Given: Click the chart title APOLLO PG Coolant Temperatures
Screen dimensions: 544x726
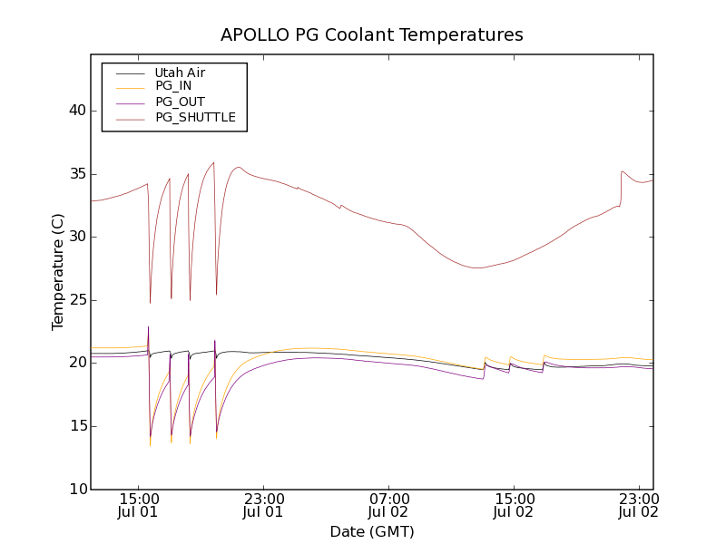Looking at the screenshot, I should click(x=372, y=35).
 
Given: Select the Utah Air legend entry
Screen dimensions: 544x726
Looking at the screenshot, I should click(x=180, y=73).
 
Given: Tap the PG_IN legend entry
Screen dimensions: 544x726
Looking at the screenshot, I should click(x=173, y=86).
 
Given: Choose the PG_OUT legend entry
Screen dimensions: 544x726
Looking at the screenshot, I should click(x=180, y=102).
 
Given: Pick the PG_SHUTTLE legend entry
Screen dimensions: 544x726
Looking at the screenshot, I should click(x=195, y=117).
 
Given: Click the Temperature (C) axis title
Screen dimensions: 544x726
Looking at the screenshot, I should click(x=58, y=272).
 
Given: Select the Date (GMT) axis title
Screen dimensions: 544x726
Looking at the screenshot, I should click(x=372, y=531).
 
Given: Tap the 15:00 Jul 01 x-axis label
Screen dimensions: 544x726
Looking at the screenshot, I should click(x=139, y=505).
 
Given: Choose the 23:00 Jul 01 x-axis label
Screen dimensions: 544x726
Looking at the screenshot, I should click(x=264, y=505).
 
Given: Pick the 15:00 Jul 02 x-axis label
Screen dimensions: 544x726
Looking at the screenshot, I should click(x=514, y=505).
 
